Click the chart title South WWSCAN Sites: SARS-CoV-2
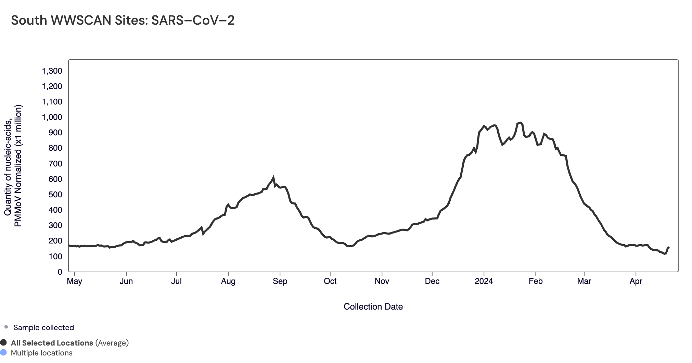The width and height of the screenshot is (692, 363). pyautogui.click(x=123, y=21)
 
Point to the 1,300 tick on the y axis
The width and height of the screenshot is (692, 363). pyautogui.click(x=52, y=71)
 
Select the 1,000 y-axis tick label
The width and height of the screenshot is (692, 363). pyautogui.click(x=52, y=117)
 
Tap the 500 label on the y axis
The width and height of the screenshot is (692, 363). pyautogui.click(x=55, y=195)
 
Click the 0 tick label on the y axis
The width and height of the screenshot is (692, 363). pyautogui.click(x=60, y=272)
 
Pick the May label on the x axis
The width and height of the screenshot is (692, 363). pyautogui.click(x=74, y=281)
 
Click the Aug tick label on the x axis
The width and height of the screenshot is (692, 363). pyautogui.click(x=228, y=281)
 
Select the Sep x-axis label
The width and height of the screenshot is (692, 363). pyautogui.click(x=280, y=281)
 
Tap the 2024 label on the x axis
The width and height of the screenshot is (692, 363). pyautogui.click(x=484, y=281)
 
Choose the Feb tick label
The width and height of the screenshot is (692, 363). pyautogui.click(x=536, y=281)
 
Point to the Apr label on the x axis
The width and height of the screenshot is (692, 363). pyautogui.click(x=636, y=281)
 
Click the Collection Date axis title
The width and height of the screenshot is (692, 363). pyautogui.click(x=373, y=306)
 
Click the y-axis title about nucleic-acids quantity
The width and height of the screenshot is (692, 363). pyautogui.click(x=13, y=165)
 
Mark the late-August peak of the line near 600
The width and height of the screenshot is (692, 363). pyautogui.click(x=273, y=177)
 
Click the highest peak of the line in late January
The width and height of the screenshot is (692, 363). pyautogui.click(x=520, y=123)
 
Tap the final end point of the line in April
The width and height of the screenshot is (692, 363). pyautogui.click(x=669, y=247)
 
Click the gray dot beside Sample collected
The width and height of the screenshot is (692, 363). pyautogui.click(x=6, y=327)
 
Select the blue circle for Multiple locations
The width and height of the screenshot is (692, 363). pyautogui.click(x=3, y=352)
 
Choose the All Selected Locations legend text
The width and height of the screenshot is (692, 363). pyautogui.click(x=52, y=343)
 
